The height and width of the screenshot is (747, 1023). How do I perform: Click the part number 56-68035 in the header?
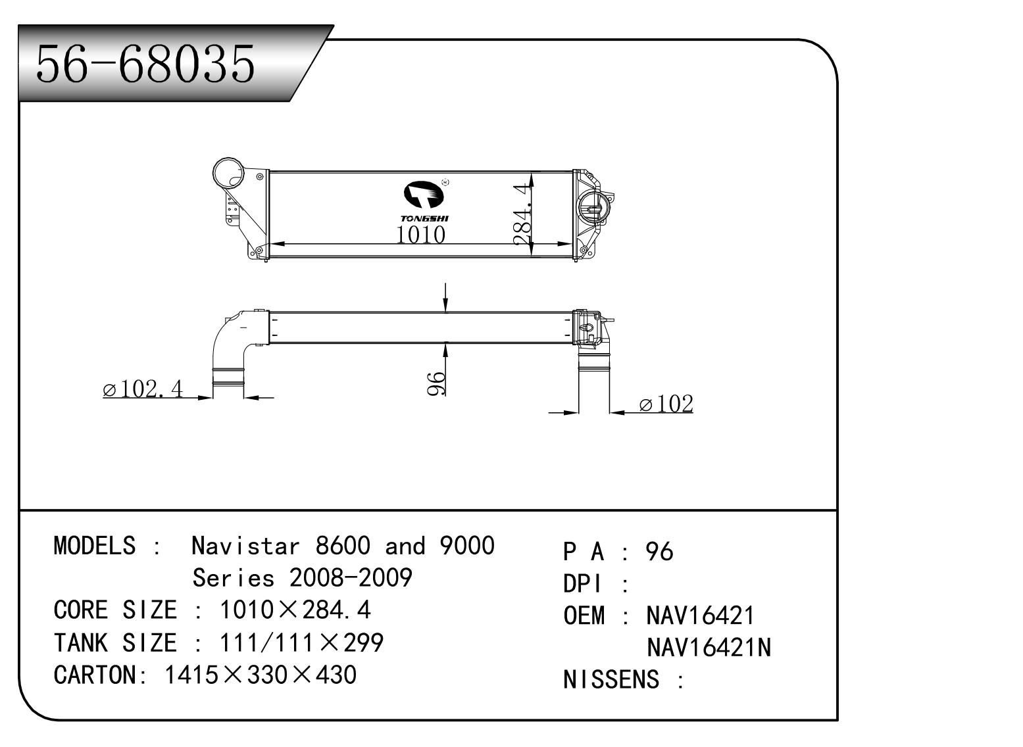click(x=145, y=64)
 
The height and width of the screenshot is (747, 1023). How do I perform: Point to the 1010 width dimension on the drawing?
click(x=420, y=234)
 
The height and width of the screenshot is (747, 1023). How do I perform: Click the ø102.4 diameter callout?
click(x=143, y=389)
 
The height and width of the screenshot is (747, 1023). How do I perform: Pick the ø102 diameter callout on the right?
click(x=666, y=404)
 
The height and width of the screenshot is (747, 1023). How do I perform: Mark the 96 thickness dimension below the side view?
click(x=436, y=383)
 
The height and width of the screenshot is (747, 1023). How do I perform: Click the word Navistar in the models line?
click(x=245, y=546)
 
